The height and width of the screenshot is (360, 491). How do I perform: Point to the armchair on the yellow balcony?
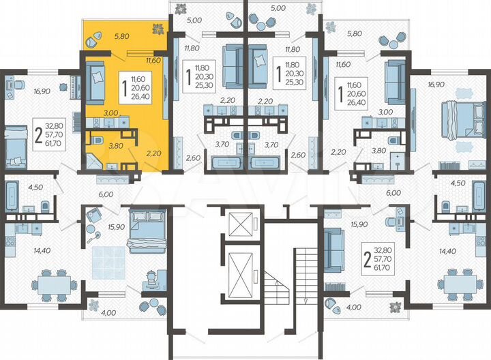click(93, 41)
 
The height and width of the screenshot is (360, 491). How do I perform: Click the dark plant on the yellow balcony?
click(158, 29)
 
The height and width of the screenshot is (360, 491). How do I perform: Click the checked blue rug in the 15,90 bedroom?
click(108, 262)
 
